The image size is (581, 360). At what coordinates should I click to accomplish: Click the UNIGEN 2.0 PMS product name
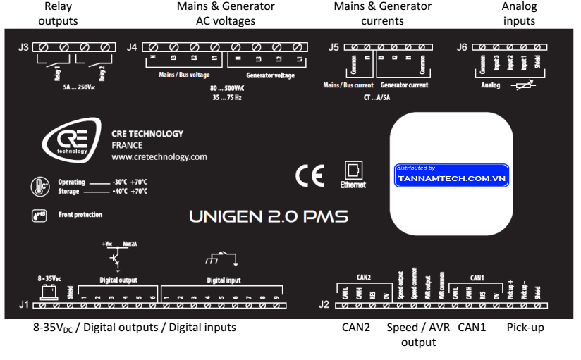pyautogui.click(x=268, y=217)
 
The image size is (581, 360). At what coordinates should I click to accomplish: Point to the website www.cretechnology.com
pyautogui.click(x=159, y=156)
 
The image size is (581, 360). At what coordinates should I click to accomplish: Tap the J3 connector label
pyautogui.click(x=23, y=48)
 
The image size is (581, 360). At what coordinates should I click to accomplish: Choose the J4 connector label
pyautogui.click(x=132, y=48)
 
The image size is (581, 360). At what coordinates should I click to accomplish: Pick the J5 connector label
pyautogui.click(x=335, y=48)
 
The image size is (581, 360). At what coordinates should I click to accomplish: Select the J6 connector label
pyautogui.click(x=463, y=48)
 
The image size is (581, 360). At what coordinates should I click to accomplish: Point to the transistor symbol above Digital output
pyautogui.click(x=115, y=256)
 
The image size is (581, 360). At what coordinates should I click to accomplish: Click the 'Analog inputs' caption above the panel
pyautogui.click(x=519, y=13)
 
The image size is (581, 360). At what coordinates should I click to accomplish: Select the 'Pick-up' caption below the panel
pyautogui.click(x=525, y=328)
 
